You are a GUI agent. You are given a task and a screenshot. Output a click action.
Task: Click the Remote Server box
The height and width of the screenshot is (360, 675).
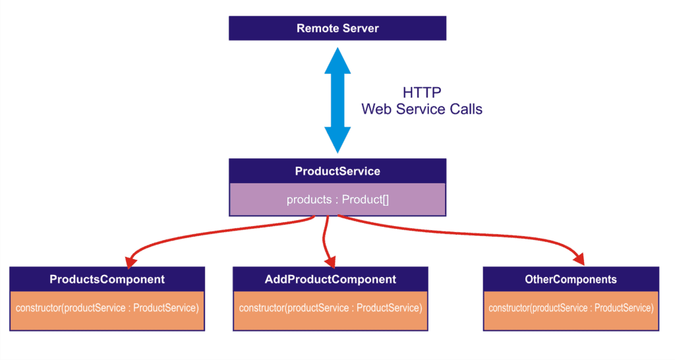coord(337,28)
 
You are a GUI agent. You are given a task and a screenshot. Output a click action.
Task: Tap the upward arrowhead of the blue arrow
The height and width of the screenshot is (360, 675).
coord(337,58)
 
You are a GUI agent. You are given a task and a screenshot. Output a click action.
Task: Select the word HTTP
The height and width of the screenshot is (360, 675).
coord(422,92)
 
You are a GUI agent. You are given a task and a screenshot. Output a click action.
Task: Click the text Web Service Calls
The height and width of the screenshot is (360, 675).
coord(422,109)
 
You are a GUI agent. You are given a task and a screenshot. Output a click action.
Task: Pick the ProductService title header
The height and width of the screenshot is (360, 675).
coord(337,171)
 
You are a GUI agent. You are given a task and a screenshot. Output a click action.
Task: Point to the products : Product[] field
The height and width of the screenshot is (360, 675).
coord(337,200)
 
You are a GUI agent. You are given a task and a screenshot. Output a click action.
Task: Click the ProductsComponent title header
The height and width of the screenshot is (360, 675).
coord(107,280)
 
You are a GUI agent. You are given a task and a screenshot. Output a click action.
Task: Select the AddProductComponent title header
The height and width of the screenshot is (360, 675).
coord(330,280)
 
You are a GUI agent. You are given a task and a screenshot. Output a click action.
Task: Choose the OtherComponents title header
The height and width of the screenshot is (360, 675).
coord(571,280)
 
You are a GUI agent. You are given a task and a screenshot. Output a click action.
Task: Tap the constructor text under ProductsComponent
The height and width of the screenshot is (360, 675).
coord(107,308)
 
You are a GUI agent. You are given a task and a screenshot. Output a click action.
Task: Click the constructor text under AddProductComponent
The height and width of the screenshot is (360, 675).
coord(330,308)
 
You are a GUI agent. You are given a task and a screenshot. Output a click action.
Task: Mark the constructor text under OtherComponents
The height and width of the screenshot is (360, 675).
coord(571,308)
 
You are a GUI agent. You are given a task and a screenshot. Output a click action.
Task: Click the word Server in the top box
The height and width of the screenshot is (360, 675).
coord(360,28)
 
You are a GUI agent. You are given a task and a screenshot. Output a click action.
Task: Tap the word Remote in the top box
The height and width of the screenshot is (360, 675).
coord(318,28)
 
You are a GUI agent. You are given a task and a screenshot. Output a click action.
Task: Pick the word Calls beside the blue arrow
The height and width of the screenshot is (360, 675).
coord(465,109)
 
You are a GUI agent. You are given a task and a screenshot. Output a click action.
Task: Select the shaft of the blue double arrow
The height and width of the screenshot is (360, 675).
coord(337,99)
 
